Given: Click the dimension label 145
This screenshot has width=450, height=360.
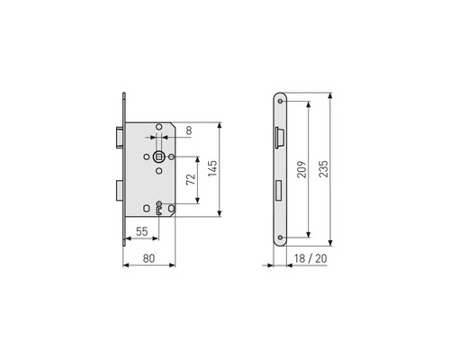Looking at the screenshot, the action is (212, 168).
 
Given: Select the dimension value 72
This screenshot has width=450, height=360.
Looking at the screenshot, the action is (191, 179).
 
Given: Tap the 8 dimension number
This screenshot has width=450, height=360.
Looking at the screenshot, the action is (189, 130).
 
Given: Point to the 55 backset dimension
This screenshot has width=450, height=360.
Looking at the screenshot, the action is (142, 231).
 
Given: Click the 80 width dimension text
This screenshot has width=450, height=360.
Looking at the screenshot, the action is (148, 258).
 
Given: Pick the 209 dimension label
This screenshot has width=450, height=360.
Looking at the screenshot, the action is (302, 169).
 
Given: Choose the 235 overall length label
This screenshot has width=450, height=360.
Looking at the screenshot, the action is (323, 169).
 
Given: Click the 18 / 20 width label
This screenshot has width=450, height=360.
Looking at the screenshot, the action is (310, 258).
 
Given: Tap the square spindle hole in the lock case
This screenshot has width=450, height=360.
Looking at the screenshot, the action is (159, 157).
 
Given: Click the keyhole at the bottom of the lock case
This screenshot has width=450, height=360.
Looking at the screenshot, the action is (159, 208).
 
